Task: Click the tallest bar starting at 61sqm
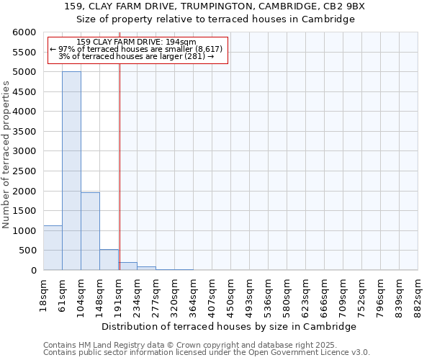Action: [x=71, y=171]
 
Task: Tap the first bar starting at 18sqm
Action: [x=53, y=248]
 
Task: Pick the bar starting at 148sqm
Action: [x=109, y=260]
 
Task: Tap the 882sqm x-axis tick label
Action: [x=418, y=294]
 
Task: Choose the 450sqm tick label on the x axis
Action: [x=231, y=294]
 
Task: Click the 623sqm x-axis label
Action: [x=306, y=294]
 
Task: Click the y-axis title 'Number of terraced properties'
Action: [x=6, y=155]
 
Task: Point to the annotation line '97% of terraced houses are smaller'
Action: [x=137, y=49]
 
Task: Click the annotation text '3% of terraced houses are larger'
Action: [x=137, y=56]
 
